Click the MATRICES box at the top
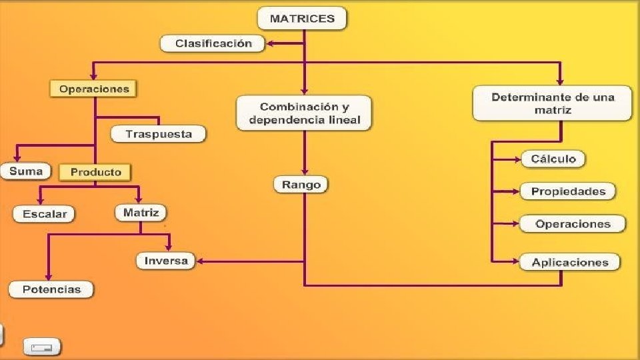(302, 19)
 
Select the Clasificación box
(213, 43)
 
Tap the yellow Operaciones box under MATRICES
(93, 89)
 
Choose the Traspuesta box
(159, 134)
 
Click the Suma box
(26, 171)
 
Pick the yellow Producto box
(95, 172)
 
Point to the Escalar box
(45, 214)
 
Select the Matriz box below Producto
(141, 213)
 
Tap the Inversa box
(166, 261)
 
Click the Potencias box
(51, 289)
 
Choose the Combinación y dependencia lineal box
(304, 113)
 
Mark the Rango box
(301, 185)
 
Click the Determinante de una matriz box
(553, 103)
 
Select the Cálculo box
(553, 159)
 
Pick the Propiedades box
(568, 191)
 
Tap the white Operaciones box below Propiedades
(573, 224)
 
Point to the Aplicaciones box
(570, 262)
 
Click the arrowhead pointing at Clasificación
(271, 44)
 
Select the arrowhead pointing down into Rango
(305, 172)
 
